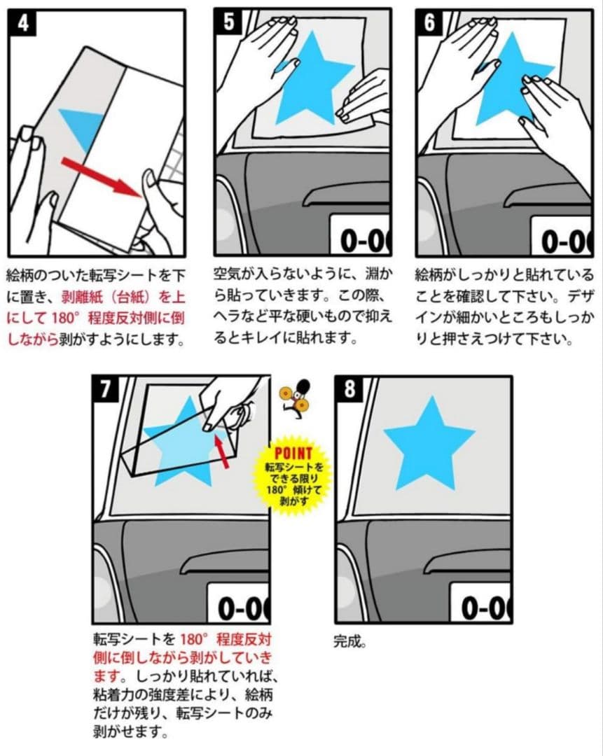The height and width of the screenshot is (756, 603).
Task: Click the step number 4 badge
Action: tap(22, 23)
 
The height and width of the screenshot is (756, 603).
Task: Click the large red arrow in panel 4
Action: tap(102, 177)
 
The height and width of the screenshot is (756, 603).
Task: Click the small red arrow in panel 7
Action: tap(221, 450)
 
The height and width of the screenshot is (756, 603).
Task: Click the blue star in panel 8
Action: tap(429, 442)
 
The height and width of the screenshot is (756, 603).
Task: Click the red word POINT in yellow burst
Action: tap(293, 453)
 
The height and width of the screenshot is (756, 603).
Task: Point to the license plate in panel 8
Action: tap(480, 603)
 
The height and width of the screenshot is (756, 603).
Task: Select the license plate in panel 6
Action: tap(561, 237)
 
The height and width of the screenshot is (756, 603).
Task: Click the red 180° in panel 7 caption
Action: tap(194, 640)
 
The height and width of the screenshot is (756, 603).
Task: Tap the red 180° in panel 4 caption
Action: tap(64, 318)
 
